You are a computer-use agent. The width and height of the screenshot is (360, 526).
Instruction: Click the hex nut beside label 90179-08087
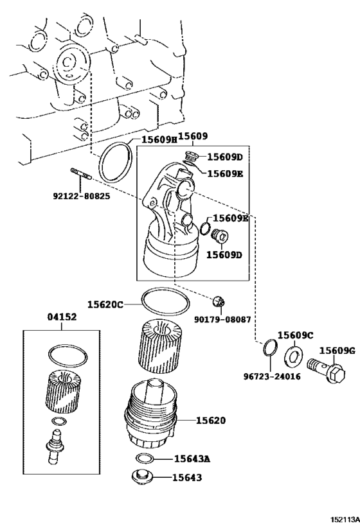[x=219, y=301]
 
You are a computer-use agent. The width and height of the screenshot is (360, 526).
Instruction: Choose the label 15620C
[x=105, y=304]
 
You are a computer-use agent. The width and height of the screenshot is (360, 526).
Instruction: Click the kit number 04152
[x=62, y=317]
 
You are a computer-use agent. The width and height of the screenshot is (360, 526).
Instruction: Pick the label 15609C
[x=295, y=335]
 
